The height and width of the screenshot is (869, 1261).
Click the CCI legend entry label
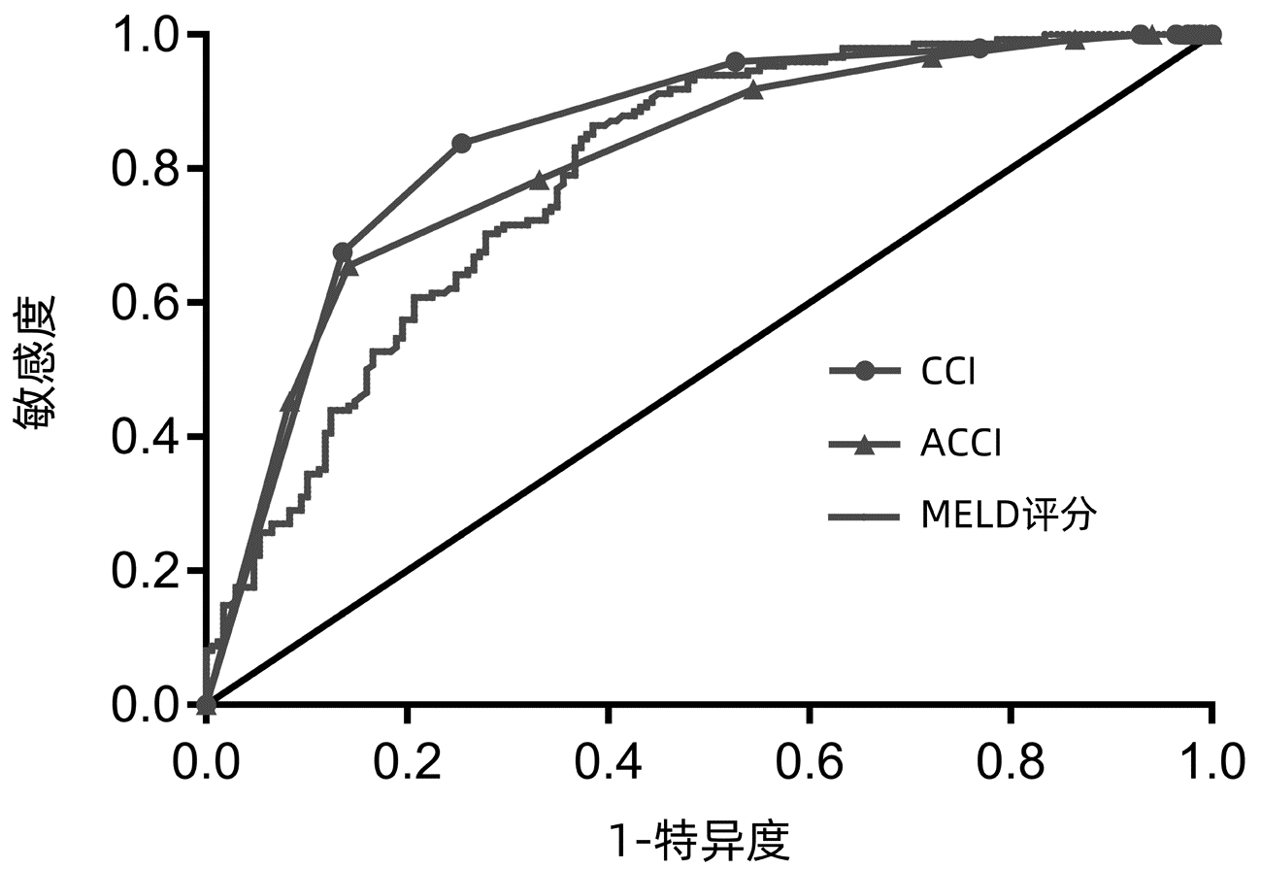(x=947, y=372)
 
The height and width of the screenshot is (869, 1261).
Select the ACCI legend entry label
(x=960, y=445)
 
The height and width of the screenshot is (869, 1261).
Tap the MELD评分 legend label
(x=1009, y=516)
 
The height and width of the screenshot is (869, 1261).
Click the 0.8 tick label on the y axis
(x=144, y=169)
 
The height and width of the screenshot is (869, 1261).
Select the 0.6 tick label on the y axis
(x=144, y=303)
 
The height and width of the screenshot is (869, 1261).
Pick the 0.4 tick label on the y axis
(x=144, y=437)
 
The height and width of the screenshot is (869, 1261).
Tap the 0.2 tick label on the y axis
(x=144, y=571)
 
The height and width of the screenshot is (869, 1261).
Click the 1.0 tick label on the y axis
(x=144, y=35)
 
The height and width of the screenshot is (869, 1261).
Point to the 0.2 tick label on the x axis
(x=407, y=762)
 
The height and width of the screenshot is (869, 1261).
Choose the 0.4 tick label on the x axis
(x=608, y=762)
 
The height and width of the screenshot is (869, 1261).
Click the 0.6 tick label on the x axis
(x=809, y=762)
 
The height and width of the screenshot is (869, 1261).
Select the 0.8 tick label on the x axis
(x=1010, y=762)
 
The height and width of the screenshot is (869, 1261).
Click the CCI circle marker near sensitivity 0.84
(x=462, y=144)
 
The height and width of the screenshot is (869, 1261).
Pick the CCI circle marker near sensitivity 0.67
(x=342, y=252)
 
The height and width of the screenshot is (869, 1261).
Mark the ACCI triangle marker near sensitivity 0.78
(x=540, y=181)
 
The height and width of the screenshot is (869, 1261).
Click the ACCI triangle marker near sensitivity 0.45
(x=290, y=402)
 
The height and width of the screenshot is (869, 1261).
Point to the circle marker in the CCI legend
(x=866, y=371)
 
